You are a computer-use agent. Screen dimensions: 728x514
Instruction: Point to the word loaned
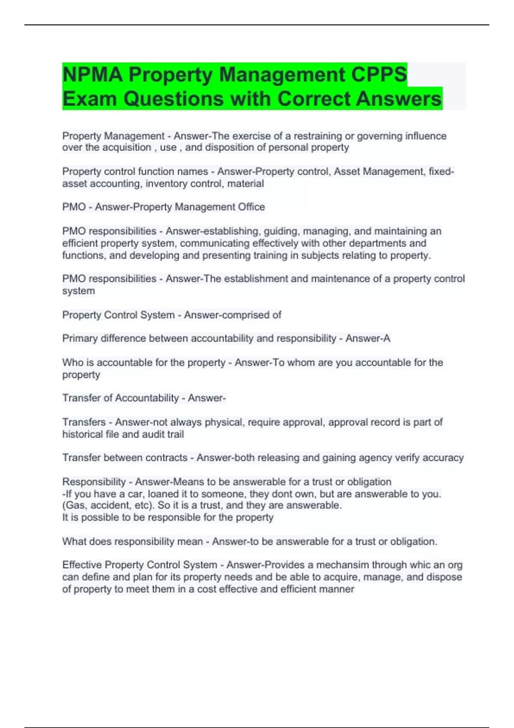click(162, 494)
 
